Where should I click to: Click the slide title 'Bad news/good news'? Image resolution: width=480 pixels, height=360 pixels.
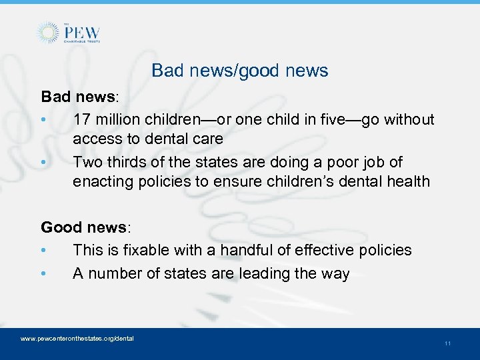(x=240, y=70)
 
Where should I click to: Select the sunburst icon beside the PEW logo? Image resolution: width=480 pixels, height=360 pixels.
(x=48, y=33)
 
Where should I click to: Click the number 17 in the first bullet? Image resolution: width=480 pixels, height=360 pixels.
(x=83, y=120)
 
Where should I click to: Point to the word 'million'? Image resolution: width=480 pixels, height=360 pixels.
(x=118, y=120)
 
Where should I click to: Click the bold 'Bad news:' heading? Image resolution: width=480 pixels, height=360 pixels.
(x=79, y=97)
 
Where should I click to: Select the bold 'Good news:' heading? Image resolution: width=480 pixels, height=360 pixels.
(x=86, y=227)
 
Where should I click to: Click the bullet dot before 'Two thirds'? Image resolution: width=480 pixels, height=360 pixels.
(x=43, y=163)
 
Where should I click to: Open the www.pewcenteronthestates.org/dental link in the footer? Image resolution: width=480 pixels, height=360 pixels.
(x=77, y=339)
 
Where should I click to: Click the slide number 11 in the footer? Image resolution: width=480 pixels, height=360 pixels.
(x=447, y=343)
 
